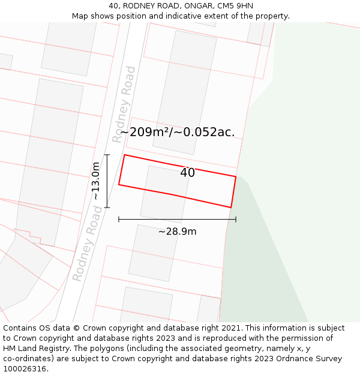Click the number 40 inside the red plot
(187, 173)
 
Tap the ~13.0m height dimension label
(96, 181)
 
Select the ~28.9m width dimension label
(177, 232)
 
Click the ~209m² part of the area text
(145, 133)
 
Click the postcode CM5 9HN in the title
(235, 6)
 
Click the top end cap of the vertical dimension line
(107, 155)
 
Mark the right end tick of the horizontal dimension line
(236, 220)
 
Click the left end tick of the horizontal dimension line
(119, 220)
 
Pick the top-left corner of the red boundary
(124, 155)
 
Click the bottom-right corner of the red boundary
(231, 208)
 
